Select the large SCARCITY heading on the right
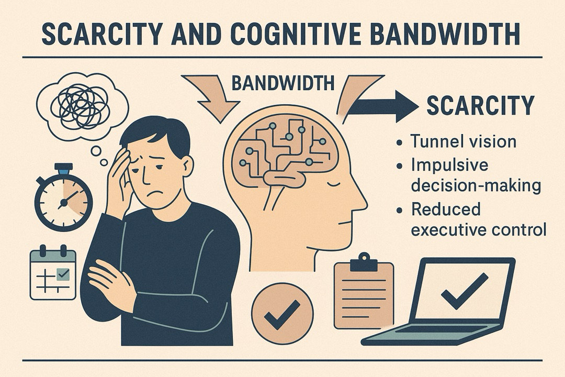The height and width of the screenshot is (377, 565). (x=480, y=105)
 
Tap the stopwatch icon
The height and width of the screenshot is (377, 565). (x=63, y=198)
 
